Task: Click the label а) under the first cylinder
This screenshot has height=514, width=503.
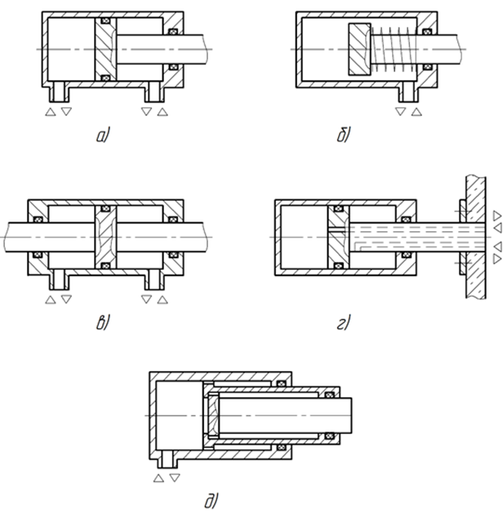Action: pos(103,136)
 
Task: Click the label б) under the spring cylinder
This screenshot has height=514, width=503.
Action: pos(344,135)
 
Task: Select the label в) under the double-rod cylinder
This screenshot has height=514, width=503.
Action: pos(103,323)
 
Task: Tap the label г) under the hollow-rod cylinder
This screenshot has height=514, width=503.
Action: pos(344,323)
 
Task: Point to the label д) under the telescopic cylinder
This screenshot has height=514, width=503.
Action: pos(211,501)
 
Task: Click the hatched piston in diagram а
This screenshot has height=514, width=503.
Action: pos(105,49)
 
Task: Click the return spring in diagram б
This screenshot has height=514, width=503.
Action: pos(394,49)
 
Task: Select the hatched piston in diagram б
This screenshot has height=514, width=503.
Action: pos(359,49)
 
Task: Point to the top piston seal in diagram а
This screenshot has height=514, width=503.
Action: pos(105,21)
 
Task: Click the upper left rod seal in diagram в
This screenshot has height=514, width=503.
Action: pos(38,219)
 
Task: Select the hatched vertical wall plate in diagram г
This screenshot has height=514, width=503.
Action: pos(476,237)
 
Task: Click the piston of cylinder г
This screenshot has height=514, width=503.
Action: pos(339,237)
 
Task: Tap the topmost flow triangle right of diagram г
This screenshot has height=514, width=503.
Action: pos(497,216)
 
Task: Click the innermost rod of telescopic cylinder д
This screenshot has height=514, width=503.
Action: pos(285,415)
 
